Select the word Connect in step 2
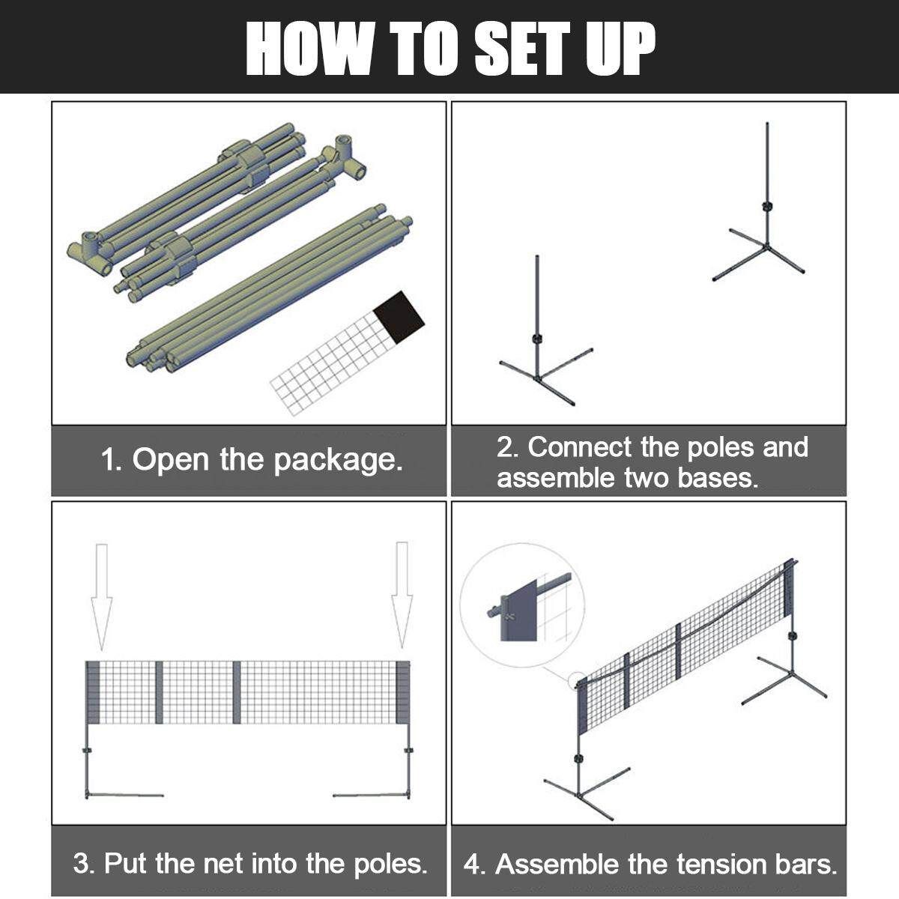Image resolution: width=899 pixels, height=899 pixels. (580, 447)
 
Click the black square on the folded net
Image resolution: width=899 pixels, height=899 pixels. (399, 317)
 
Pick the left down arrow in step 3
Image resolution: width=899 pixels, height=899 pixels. (101, 596)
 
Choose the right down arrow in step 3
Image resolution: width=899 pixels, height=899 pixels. (402, 595)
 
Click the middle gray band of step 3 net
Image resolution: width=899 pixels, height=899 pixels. (237, 692)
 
